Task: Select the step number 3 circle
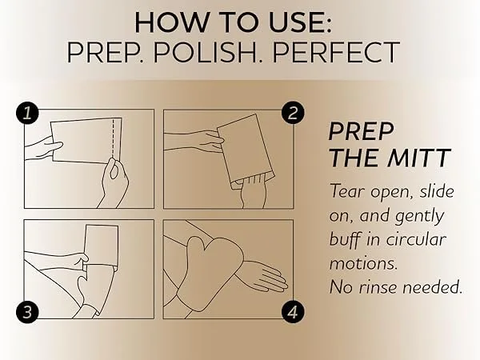pos(27,312)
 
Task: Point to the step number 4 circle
pos(293,312)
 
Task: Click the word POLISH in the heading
pos(208,52)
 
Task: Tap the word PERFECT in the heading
pos(336,52)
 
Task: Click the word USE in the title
pos(300,22)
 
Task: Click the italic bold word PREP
pos(362,131)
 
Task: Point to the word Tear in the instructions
pos(347,191)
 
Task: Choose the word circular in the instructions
pos(416,239)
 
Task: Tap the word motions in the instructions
pos(363,263)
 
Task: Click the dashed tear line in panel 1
pos(113,138)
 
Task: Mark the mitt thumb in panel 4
pos(194,247)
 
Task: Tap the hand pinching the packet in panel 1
pos(114,182)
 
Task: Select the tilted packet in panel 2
pos(244,151)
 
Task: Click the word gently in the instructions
pos(419,217)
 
